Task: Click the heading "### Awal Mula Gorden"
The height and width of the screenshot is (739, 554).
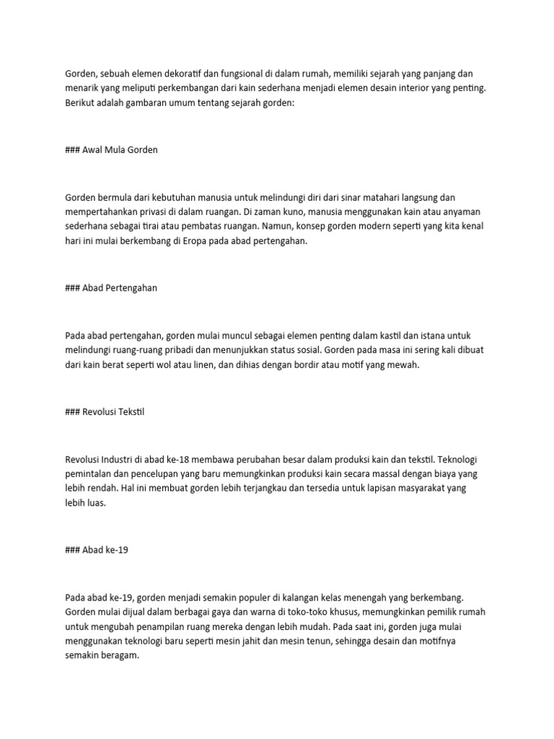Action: pos(111,150)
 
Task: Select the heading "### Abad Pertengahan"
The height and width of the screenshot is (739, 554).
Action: pos(111,288)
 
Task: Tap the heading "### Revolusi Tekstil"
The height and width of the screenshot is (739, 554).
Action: pos(105,412)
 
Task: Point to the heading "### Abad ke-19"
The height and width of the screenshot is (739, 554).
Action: pos(97,550)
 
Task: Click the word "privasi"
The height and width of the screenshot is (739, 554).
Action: pos(154,211)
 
